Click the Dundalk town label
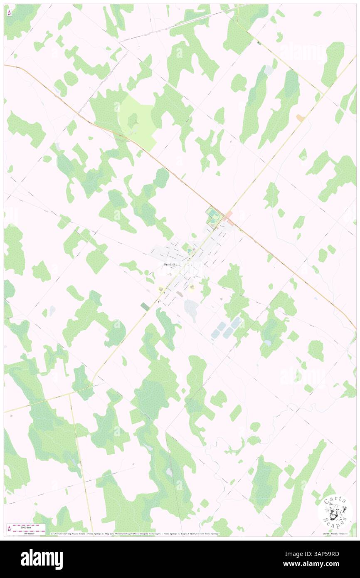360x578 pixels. [170, 264]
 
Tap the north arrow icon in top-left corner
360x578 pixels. [9, 12]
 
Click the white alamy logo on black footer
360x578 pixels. [42, 559]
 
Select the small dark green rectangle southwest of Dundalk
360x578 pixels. [145, 306]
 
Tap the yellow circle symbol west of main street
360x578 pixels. [160, 288]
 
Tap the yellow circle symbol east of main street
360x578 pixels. [192, 287]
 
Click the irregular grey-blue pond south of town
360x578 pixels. [191, 310]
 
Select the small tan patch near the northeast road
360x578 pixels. [300, 119]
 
